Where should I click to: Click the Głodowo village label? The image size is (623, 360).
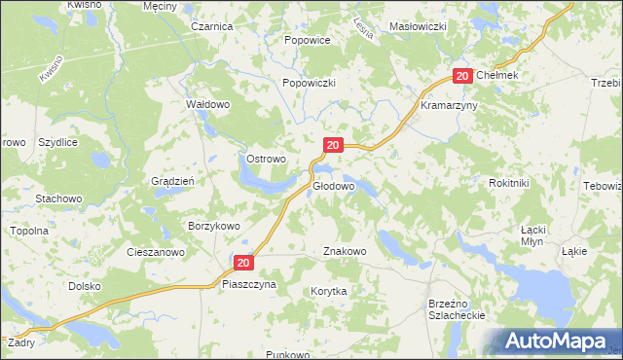(333, 185)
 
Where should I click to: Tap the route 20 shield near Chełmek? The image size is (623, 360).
(462, 76)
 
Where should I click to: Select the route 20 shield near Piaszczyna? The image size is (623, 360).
(243, 262)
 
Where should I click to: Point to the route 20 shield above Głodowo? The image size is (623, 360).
(333, 145)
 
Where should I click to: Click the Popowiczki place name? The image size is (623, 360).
(309, 84)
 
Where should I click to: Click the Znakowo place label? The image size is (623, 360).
(345, 251)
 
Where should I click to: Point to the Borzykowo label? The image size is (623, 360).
(213, 225)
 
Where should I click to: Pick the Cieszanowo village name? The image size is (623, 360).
(156, 251)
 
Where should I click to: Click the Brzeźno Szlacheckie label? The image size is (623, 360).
(457, 310)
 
